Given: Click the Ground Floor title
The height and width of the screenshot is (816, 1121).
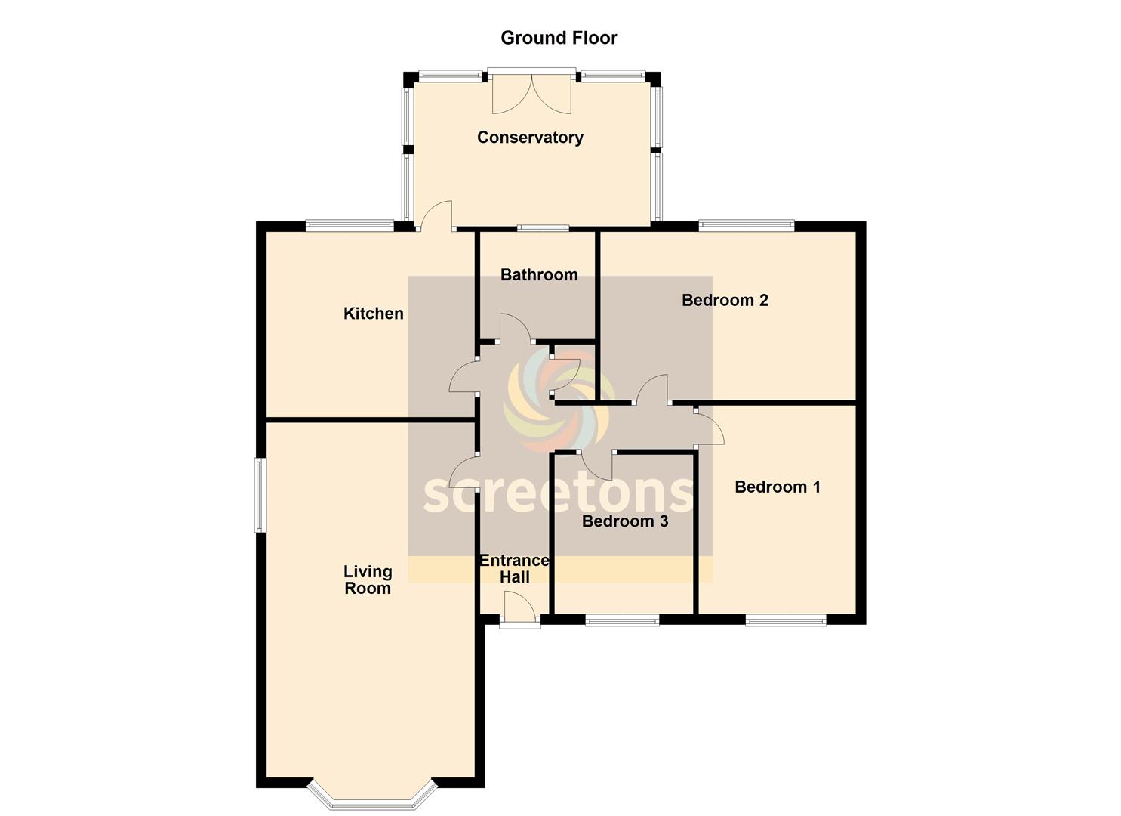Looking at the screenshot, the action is tap(559, 38).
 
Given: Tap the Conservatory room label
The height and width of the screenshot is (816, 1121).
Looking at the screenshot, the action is tap(530, 138).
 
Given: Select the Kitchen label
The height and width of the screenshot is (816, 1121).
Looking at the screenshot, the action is tap(374, 314).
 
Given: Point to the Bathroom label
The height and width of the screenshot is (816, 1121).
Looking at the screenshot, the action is tap(539, 274).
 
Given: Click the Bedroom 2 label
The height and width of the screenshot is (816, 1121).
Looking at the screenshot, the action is tap(725, 300).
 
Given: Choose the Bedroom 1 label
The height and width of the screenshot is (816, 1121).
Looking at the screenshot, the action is tap(778, 487).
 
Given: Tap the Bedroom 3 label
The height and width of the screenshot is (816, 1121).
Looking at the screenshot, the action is tap(625, 521).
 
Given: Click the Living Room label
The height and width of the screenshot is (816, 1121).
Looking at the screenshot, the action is tap(368, 580).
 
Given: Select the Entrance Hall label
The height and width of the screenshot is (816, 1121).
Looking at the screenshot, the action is tap(515, 568).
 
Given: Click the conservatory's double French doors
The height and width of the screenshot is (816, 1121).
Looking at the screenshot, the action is tap(531, 92).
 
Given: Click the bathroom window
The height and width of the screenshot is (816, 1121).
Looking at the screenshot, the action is tap(543, 228).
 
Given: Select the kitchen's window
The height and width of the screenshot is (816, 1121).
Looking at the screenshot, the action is tap(350, 225).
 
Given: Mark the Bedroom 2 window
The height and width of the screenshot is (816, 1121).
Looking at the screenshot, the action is tap(747, 225).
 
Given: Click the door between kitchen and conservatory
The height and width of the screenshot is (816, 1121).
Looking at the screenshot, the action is tap(437, 216).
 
